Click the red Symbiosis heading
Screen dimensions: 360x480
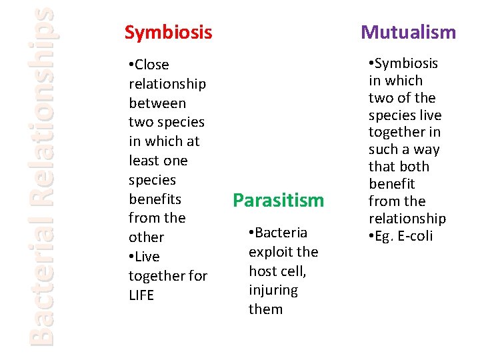[168, 32]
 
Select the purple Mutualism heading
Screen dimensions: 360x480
[408, 32]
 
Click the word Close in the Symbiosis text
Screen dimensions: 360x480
[152, 65]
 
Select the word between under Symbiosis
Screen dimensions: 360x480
[157, 103]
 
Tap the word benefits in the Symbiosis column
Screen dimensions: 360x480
[155, 199]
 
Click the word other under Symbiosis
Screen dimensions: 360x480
[146, 237]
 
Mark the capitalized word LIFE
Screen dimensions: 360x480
[141, 295]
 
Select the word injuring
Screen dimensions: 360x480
[273, 291]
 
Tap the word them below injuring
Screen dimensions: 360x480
[265, 309]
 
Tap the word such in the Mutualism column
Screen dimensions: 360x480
[384, 149]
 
